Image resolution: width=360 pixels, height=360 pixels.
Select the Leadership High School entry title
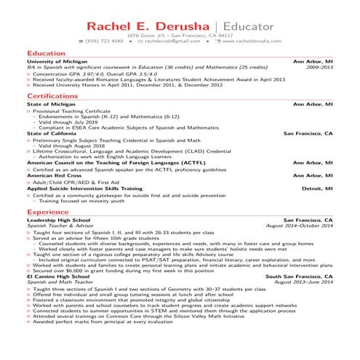pos(58,220)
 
